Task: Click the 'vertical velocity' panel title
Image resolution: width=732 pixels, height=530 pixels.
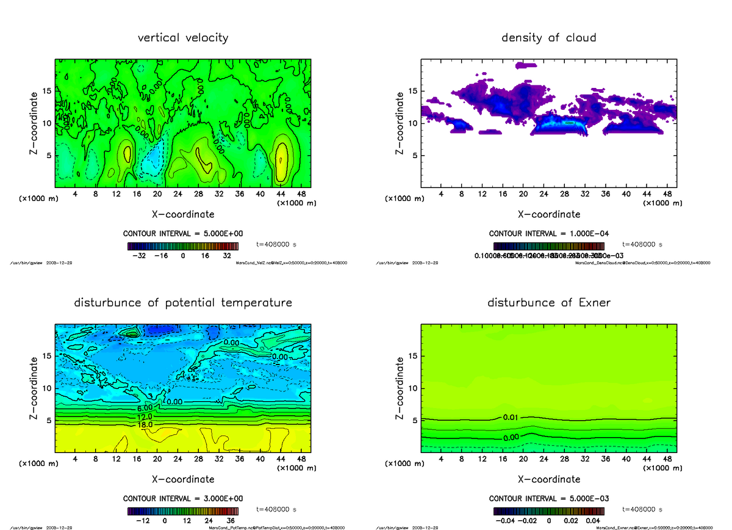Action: point(183,38)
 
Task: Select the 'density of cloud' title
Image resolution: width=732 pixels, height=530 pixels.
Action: point(548,38)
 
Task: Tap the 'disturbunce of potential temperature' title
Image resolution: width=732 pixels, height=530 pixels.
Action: point(183,303)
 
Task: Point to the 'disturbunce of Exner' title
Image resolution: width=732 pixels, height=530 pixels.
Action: point(548,303)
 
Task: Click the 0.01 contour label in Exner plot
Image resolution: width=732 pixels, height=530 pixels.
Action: point(511,418)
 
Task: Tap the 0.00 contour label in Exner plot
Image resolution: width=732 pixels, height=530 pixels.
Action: point(511,437)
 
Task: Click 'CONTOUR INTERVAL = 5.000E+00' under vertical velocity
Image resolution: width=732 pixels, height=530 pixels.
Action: point(182,234)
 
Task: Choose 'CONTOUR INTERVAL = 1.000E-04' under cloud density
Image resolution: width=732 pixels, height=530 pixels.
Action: point(548,234)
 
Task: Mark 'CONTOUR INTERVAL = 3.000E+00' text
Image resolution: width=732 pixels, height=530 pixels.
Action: point(182,499)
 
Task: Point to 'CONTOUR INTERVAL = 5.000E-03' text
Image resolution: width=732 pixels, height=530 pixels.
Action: point(548,499)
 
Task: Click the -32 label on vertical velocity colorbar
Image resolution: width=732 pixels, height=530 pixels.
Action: point(143,256)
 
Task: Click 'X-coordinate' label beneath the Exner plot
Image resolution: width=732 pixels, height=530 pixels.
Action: point(548,479)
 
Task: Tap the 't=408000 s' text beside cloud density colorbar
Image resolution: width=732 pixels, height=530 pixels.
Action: point(642,244)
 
